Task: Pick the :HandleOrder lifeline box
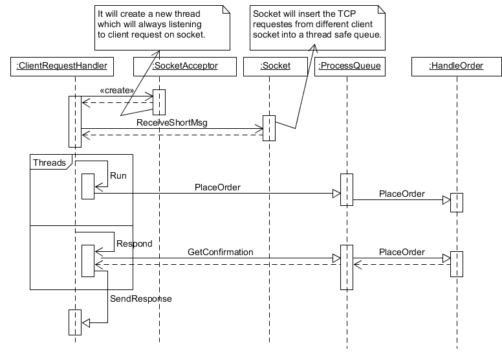pos(456,65)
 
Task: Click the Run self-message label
pos(118,175)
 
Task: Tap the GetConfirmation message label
pos(220,251)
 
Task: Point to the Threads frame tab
pos(50,163)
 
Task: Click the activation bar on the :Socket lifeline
pos(269,128)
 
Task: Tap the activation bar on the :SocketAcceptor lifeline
pos(159,101)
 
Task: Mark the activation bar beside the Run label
pos(87,187)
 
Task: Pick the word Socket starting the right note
pos(266,13)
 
